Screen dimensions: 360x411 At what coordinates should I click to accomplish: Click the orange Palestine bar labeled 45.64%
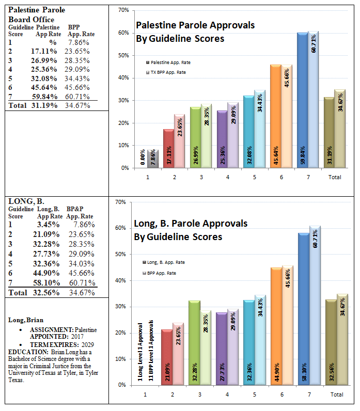click(276, 116)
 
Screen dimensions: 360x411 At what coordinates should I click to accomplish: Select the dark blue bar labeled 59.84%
click(302, 100)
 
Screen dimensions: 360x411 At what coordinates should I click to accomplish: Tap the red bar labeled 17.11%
click(168, 148)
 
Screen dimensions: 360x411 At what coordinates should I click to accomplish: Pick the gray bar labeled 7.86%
click(153, 159)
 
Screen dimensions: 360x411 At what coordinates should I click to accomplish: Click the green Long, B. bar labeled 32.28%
click(194, 343)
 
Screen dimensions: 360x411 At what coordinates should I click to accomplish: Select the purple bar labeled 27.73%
click(222, 349)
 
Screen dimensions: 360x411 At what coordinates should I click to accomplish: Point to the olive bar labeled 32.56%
click(331, 342)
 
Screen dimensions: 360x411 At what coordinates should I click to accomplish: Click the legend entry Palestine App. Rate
click(168, 62)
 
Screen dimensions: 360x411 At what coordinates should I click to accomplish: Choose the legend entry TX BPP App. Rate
click(166, 72)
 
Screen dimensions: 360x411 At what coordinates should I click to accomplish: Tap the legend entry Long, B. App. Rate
click(164, 262)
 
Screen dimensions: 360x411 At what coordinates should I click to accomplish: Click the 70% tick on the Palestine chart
click(124, 10)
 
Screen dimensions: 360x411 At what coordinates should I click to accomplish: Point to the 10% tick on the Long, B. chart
click(121, 359)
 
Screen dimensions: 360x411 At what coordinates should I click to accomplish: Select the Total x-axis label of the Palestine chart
click(335, 177)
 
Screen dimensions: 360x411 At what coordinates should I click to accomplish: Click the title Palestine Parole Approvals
click(195, 25)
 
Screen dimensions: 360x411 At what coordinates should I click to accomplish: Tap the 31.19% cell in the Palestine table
click(44, 105)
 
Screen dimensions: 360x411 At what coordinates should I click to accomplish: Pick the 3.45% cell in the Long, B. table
click(48, 225)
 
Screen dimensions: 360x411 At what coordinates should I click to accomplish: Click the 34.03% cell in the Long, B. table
click(82, 264)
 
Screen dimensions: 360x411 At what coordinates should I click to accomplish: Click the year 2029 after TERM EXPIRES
click(88, 344)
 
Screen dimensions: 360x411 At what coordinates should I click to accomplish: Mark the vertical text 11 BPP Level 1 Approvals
click(151, 351)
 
